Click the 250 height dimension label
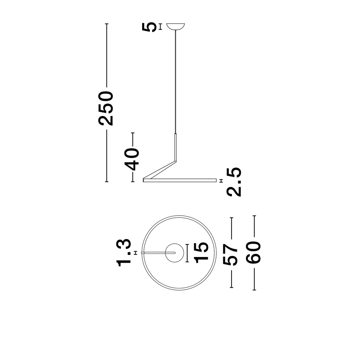(x=106, y=108)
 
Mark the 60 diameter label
(x=254, y=253)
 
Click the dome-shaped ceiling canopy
(x=176, y=27)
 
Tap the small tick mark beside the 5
(x=160, y=27)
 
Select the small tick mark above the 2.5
(x=221, y=180)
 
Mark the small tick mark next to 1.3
(x=135, y=253)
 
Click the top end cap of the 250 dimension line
(x=106, y=24)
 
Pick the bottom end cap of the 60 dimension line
(x=254, y=290)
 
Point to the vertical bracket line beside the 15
(x=188, y=253)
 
